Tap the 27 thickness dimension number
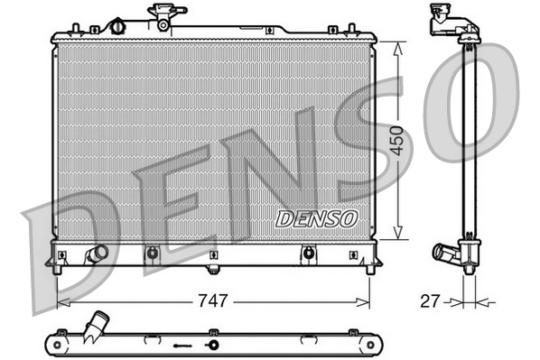pos(430,301)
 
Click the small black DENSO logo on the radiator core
pos(316,219)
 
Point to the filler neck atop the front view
pos(166,15)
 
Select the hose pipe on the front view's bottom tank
pos(96,254)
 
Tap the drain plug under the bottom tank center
pos(213,268)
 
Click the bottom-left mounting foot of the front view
pos(58,267)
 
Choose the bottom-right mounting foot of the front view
pos(369,267)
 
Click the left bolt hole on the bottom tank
pos(152,253)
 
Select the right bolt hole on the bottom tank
pos(309,253)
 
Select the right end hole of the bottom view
pos(368,345)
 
